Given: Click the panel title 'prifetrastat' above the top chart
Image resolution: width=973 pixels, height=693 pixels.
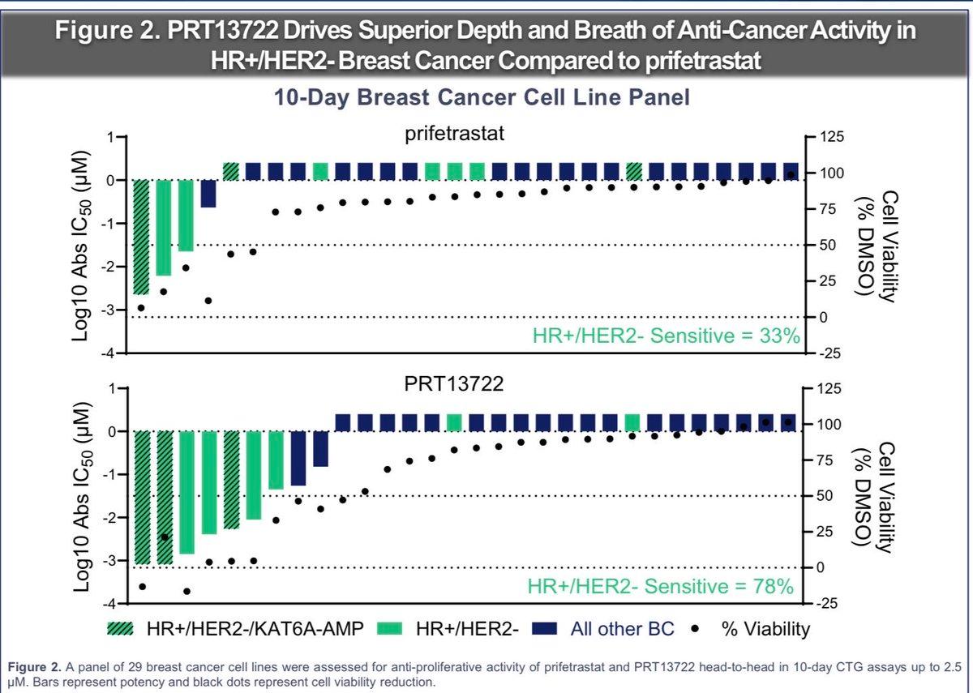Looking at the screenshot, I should click(x=454, y=134).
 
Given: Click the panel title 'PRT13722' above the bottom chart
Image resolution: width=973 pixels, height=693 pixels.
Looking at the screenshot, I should click(x=454, y=384).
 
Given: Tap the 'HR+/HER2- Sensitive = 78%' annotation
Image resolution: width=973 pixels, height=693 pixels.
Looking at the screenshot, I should click(x=661, y=586).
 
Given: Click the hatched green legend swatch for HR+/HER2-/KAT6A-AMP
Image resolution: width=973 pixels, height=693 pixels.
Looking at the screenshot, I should click(x=121, y=628).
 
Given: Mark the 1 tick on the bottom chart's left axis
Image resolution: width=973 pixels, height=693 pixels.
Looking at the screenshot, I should click(x=113, y=387).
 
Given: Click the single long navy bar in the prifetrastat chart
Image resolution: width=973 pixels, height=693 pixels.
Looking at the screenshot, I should click(x=208, y=194).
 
